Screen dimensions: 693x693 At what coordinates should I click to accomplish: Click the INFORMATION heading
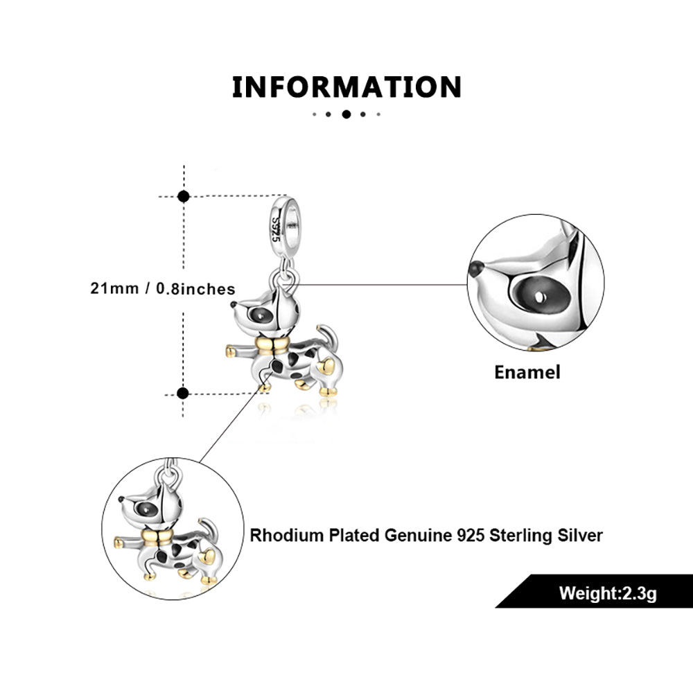(346, 87)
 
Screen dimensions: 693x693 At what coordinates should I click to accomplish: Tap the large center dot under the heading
(346, 114)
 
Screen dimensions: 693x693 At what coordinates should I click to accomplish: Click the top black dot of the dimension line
(184, 196)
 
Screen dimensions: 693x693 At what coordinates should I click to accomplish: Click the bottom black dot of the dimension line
(184, 394)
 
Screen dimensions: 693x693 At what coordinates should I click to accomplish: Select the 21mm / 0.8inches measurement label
(163, 289)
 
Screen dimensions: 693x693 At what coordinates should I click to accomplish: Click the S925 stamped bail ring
(283, 220)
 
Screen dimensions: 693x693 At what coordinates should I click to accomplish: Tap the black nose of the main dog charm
(234, 304)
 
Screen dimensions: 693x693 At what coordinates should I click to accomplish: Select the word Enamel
(527, 372)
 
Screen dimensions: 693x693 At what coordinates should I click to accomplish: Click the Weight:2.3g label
(608, 593)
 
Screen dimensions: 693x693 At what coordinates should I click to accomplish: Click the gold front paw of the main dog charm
(230, 351)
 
